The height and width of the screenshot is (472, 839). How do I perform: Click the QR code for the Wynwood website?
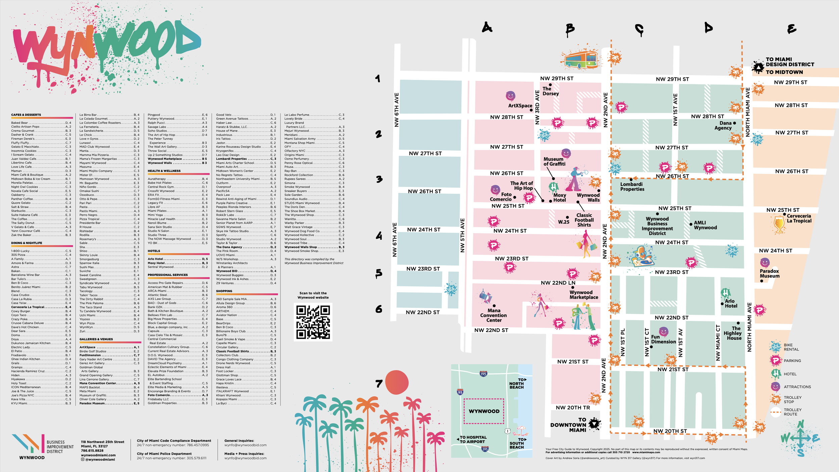tap(313, 322)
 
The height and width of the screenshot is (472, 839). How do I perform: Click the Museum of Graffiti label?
tap(554, 161)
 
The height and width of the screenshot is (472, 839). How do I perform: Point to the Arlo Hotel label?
tap(731, 303)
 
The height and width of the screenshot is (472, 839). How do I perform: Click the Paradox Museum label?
tap(770, 273)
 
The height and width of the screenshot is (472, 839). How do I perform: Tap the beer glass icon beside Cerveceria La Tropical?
tap(779, 225)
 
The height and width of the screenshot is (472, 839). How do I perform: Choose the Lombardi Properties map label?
tap(632, 187)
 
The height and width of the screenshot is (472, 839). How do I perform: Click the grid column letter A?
tap(487, 27)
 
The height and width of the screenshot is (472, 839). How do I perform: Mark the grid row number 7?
tap(379, 383)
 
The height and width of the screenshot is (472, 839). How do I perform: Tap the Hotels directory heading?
tap(154, 251)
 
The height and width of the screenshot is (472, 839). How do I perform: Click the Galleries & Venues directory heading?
tap(96, 339)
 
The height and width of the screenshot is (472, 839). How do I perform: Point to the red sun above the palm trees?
tap(397, 382)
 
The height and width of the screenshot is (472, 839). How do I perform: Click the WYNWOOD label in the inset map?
tap(484, 411)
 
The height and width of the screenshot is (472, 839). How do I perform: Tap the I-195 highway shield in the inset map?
tap(483, 374)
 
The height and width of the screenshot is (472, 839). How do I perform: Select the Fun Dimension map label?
tap(663, 339)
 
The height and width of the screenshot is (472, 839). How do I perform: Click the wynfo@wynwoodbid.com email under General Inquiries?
tap(245, 445)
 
